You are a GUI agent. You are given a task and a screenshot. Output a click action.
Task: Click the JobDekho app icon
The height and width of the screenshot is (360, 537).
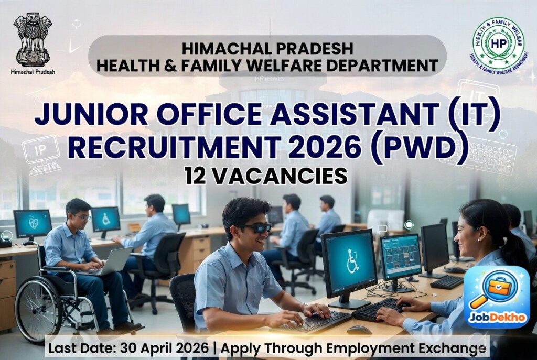pos(496,297)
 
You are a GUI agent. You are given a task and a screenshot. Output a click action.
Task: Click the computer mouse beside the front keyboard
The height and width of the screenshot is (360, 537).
pos(359,330)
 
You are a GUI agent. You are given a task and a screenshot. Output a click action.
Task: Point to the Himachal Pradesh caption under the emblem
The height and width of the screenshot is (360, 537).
pos(33,72)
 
